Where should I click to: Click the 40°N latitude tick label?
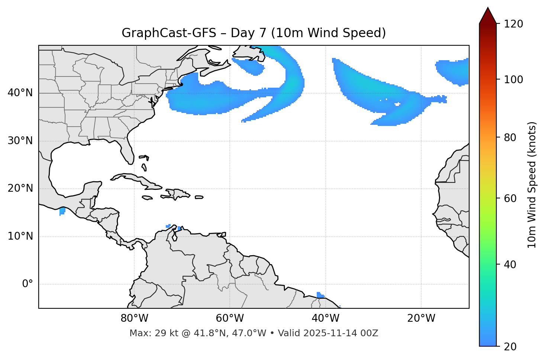point(20,93)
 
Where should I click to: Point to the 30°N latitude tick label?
point(20,141)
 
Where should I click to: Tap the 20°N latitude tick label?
point(20,188)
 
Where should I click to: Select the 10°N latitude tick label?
point(20,236)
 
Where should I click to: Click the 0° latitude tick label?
point(28,284)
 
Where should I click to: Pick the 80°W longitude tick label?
point(134,318)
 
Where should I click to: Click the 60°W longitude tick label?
point(230,318)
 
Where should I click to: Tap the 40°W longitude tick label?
point(326,318)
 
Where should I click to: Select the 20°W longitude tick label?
point(421,318)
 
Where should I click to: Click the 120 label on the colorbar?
point(513,24)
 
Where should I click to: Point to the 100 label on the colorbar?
point(513,80)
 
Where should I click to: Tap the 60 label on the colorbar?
point(509,198)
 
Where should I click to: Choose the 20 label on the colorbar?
point(509,347)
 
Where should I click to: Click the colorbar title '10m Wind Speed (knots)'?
point(532,185)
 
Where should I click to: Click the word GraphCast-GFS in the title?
point(169,33)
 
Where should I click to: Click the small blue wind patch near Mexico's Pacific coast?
point(62,211)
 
